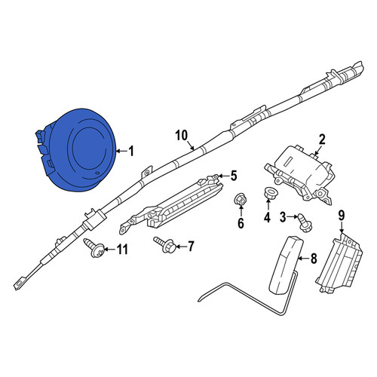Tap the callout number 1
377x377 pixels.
pyautogui.click(x=130, y=152)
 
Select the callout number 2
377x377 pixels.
pyautogui.click(x=322, y=139)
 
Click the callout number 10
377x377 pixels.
pyautogui.click(x=182, y=136)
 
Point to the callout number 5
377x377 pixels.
pyautogui.click(x=234, y=176)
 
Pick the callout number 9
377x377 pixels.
pyautogui.click(x=342, y=216)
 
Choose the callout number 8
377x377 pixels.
pyautogui.click(x=314, y=258)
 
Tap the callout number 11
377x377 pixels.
pyautogui.click(x=122, y=250)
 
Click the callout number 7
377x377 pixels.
pyautogui.click(x=191, y=247)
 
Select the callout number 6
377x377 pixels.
pyautogui.click(x=241, y=223)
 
